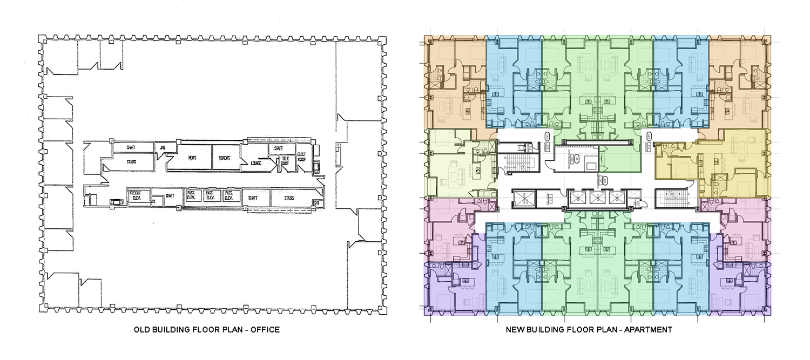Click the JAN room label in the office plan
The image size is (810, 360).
162,146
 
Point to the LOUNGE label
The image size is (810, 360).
256,162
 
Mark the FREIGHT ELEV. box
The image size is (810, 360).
136,195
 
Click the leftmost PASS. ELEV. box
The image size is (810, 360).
192,195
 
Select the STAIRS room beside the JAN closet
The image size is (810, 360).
131,161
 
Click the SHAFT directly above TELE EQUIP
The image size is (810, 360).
279,148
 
